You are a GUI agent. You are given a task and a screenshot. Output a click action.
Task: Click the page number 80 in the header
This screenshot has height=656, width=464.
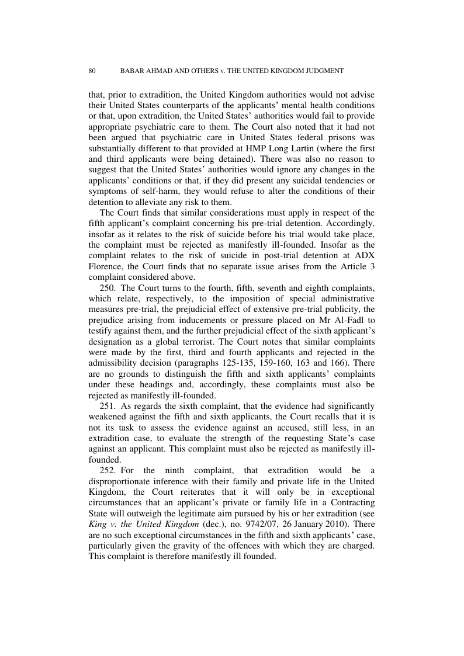pos(92,71)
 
